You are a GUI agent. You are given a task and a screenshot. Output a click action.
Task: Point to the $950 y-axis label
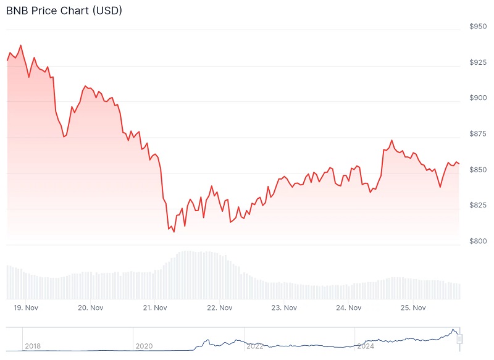click(x=479, y=27)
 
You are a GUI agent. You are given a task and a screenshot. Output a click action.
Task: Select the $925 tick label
click(x=479, y=62)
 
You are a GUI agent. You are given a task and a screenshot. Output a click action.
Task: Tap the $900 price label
click(x=479, y=98)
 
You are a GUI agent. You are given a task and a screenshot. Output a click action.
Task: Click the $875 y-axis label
click(x=479, y=134)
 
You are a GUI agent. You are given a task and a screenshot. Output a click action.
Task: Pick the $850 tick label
click(x=479, y=170)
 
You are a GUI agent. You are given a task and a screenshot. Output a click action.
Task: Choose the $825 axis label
click(x=479, y=205)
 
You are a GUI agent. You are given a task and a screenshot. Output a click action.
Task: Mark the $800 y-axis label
click(x=479, y=241)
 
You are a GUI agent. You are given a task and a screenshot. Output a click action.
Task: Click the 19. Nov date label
click(x=27, y=308)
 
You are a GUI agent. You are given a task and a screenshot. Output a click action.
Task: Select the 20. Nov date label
click(x=91, y=308)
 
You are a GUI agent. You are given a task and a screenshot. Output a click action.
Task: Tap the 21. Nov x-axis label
click(x=155, y=308)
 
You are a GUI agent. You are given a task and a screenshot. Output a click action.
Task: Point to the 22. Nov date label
click(x=220, y=308)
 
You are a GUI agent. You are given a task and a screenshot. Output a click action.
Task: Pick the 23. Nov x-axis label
click(x=284, y=308)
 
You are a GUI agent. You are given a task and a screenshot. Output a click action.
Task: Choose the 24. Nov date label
click(x=349, y=308)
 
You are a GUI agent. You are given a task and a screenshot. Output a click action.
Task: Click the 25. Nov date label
click(x=413, y=308)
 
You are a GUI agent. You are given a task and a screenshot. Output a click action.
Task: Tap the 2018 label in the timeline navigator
click(x=33, y=346)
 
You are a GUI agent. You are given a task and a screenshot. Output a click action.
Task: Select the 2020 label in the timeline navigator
click(x=144, y=346)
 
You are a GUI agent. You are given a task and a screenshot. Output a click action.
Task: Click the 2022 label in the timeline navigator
click(x=255, y=346)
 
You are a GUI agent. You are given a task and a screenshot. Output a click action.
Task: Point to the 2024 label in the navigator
click(x=366, y=346)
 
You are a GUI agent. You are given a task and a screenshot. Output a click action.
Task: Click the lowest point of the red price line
click(x=174, y=232)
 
